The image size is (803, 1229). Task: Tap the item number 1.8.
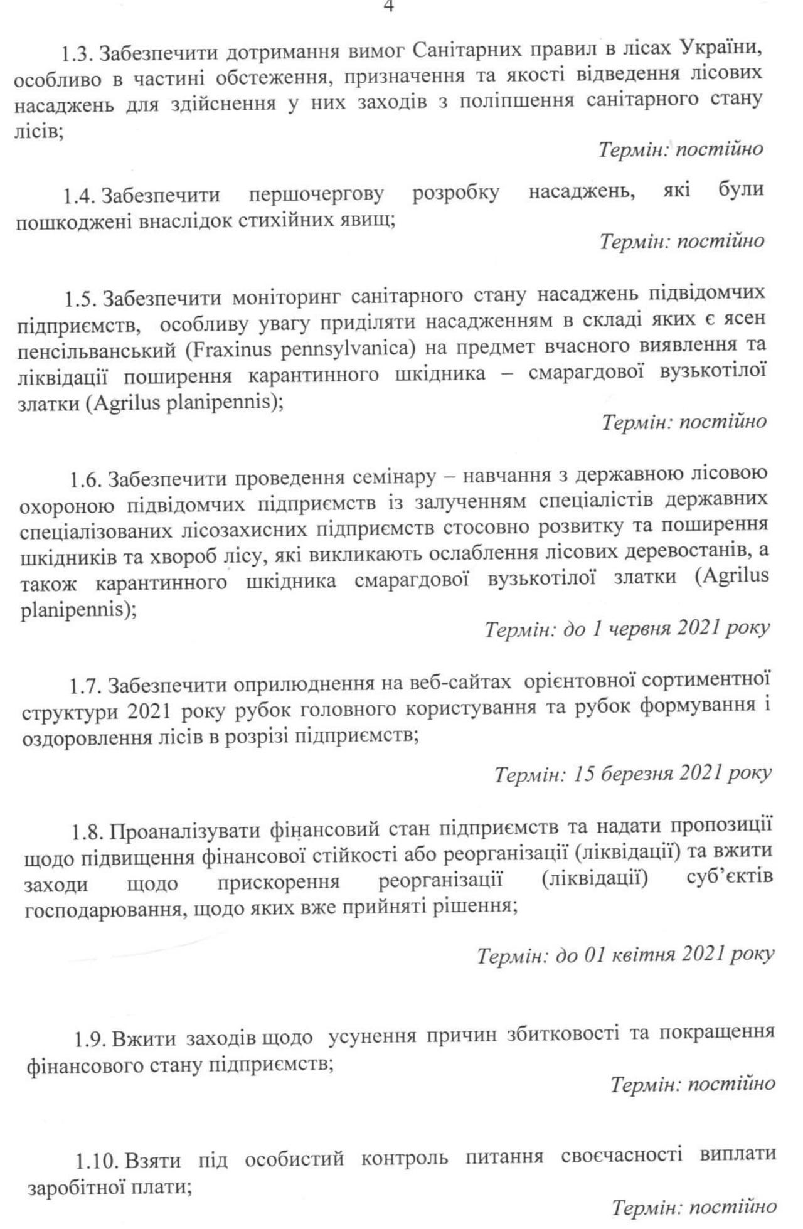click(87, 831)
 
